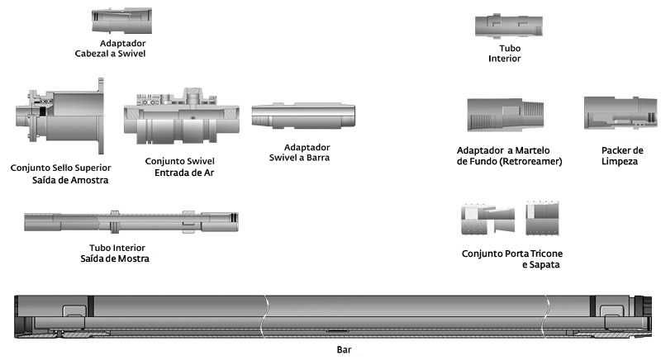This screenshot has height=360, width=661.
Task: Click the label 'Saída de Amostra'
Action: [x=70, y=180]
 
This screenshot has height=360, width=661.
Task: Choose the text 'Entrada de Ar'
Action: [x=183, y=173]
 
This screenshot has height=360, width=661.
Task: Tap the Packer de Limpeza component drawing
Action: [x=614, y=112]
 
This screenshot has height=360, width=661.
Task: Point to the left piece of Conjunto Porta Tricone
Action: [x=487, y=219]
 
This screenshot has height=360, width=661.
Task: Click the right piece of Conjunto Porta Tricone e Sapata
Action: [x=543, y=218]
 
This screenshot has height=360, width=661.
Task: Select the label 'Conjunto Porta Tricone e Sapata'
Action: [x=511, y=259]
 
